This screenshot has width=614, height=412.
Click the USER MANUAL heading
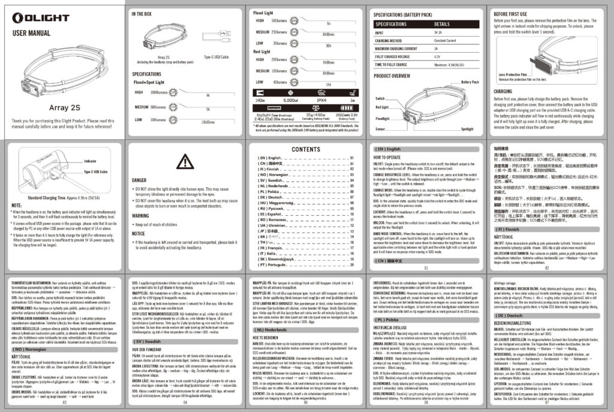[31, 33]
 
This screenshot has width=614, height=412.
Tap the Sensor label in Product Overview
[380, 128]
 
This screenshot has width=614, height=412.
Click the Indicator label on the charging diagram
[91, 162]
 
